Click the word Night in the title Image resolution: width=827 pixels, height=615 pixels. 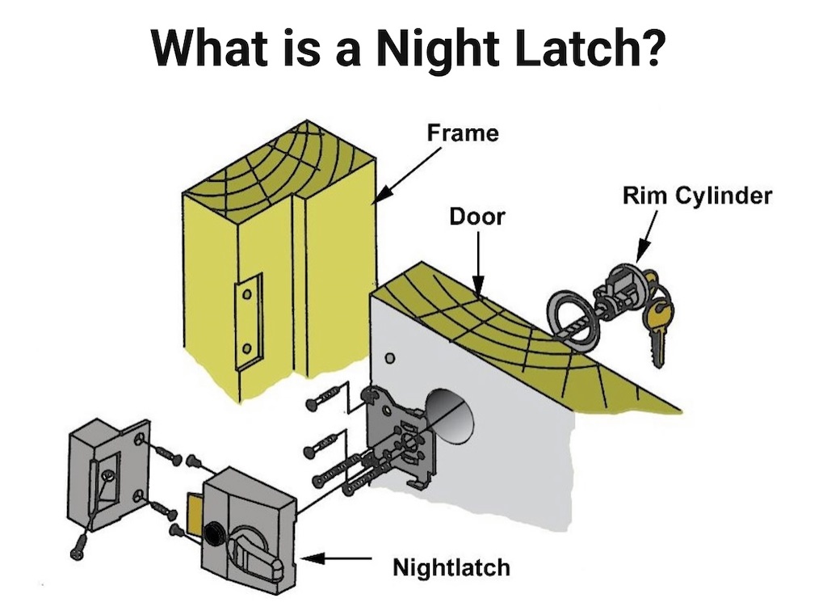(x=438, y=49)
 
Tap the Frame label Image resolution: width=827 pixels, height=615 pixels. (x=463, y=133)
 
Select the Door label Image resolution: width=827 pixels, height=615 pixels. (x=476, y=217)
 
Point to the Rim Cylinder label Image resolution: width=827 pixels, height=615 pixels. (x=697, y=196)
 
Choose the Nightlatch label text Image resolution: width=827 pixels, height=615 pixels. (x=451, y=568)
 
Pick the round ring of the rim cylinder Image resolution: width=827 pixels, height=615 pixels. (x=573, y=321)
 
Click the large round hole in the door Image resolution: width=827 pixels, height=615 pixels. (x=449, y=417)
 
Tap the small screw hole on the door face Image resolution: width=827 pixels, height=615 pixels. (x=390, y=359)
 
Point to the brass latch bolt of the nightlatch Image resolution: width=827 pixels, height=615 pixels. (x=193, y=512)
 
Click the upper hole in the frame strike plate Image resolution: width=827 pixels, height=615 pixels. (x=246, y=295)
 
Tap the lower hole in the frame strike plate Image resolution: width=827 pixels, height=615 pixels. (x=246, y=348)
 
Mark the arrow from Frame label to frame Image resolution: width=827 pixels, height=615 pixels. (x=408, y=176)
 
